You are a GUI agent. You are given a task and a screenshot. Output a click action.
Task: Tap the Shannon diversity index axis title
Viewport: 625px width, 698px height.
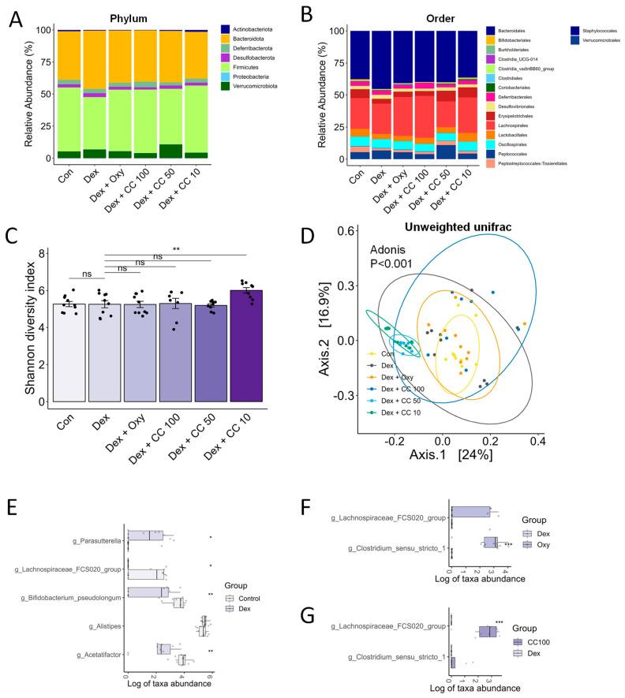pos(30,325)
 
